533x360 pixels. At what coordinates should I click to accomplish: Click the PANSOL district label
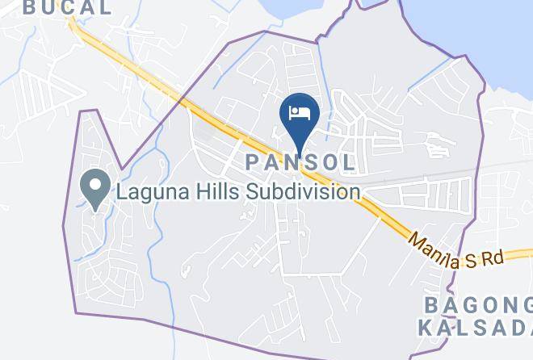coord(300,162)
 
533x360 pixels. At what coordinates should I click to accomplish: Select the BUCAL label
coord(68,8)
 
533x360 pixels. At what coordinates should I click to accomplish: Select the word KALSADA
coord(475,328)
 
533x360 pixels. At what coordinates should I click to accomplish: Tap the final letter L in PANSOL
coord(348,162)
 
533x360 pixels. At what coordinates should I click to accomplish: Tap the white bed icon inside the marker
coord(300,111)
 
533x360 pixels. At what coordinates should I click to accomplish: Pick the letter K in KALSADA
coord(426,328)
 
